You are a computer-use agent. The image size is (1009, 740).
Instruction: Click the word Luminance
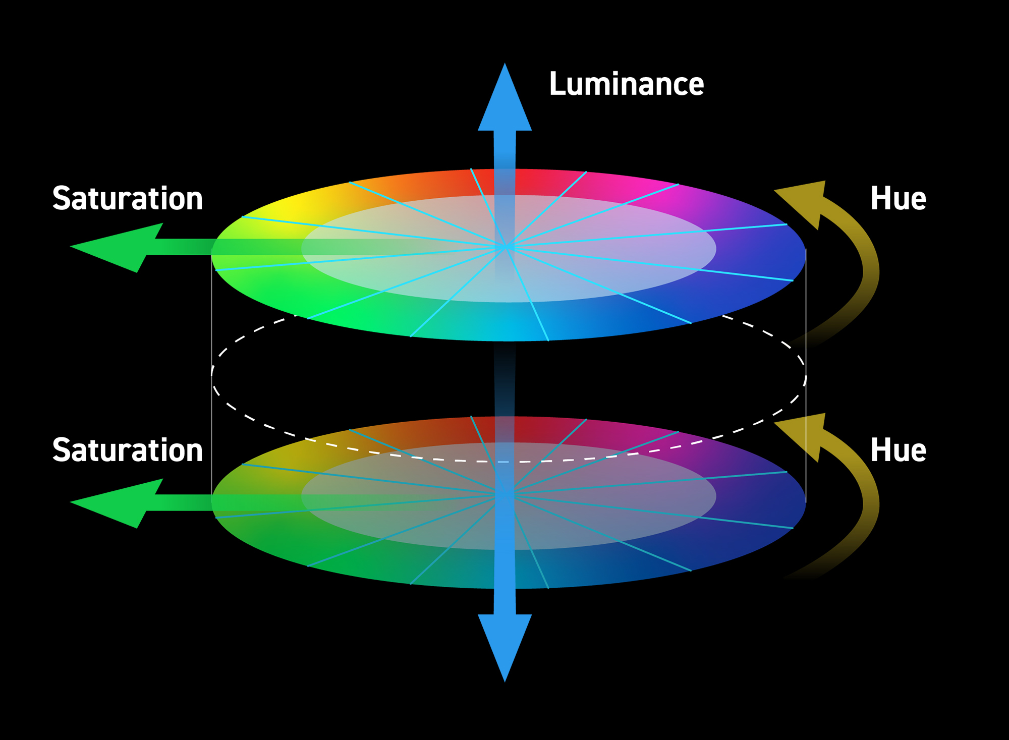626,84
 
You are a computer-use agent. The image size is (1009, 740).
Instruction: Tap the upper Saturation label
128,199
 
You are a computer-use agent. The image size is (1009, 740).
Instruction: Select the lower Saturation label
128,450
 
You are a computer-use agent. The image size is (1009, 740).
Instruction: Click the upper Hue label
898,199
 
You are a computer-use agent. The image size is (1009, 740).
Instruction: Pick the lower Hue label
898,450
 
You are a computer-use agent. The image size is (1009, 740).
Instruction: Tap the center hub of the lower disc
504,494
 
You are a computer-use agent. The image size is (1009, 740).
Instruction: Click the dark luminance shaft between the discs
504,378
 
